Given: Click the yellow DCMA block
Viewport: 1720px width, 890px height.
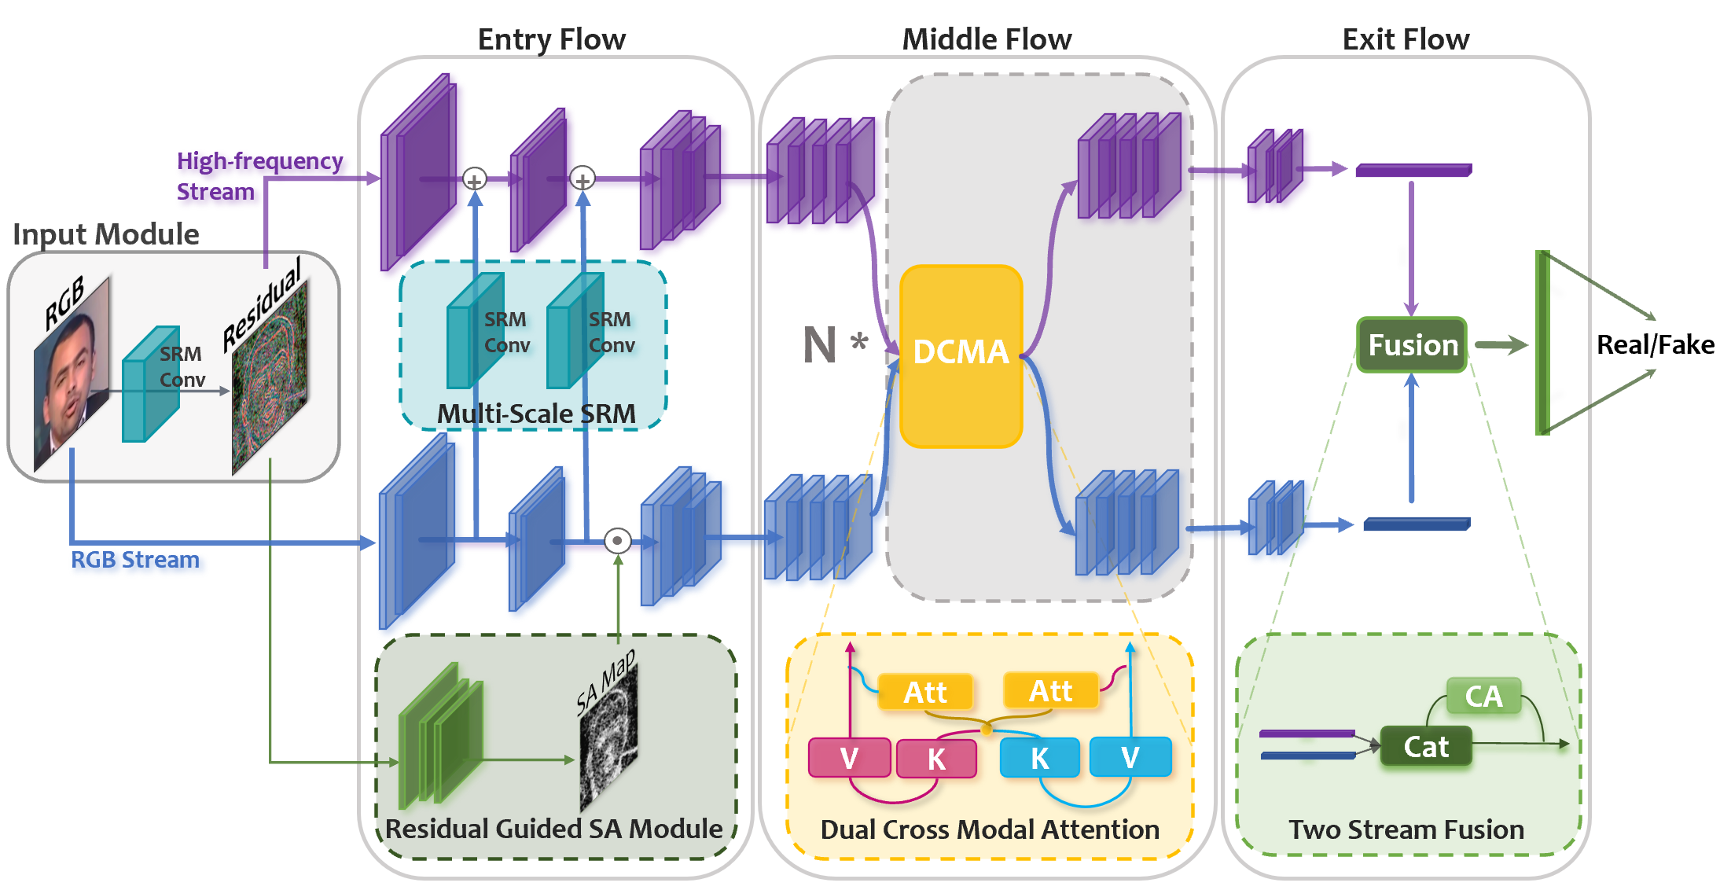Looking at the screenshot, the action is tap(961, 356).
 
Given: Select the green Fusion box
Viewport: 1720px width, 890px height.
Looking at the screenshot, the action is tap(1412, 344).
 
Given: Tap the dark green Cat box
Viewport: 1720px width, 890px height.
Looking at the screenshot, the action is tap(1426, 746).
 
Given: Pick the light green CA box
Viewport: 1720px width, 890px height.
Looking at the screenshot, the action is tap(1483, 696).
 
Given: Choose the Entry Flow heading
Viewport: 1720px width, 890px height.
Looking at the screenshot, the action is tap(552, 39).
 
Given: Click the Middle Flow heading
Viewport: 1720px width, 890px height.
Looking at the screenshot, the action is tap(987, 39).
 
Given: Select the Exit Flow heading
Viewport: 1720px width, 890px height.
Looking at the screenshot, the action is tap(1406, 39).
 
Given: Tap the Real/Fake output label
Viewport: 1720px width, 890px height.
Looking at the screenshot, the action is tap(1656, 344).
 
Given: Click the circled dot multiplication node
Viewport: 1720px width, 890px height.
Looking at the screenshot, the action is tap(618, 541).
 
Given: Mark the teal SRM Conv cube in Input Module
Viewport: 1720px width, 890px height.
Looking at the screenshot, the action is tap(151, 384).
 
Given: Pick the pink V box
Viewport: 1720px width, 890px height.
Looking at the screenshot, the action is tap(849, 758).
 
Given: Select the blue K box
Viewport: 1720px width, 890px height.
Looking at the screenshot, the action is tap(1039, 758).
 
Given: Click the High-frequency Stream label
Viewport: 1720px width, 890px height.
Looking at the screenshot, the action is tap(259, 176).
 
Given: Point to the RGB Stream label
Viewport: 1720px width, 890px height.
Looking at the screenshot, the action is tap(135, 560).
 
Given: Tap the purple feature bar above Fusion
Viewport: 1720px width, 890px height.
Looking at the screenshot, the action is tap(1413, 170).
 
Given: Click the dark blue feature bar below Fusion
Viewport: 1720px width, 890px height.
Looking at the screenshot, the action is tap(1417, 524).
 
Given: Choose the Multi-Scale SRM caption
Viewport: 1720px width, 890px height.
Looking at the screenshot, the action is tap(536, 414).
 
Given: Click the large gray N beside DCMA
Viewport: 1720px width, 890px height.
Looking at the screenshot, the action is tap(819, 345).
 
